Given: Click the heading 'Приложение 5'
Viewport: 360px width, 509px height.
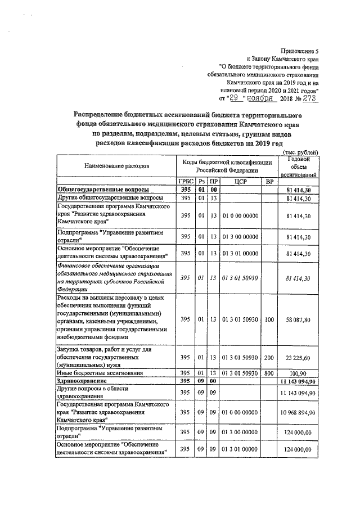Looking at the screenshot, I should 300,51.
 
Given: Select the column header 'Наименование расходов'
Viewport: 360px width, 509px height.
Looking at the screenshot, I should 118,167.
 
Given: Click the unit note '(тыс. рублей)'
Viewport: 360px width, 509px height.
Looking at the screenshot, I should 300,152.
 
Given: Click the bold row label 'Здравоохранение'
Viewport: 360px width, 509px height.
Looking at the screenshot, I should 84,381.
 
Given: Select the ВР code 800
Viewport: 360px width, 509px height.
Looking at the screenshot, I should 269,373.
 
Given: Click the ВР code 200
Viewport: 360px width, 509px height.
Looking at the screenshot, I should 269,357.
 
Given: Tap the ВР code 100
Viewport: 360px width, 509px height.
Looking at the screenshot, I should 269,319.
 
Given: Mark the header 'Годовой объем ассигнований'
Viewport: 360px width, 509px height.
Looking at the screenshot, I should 300,167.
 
